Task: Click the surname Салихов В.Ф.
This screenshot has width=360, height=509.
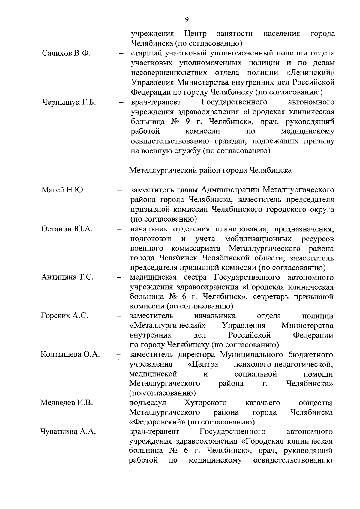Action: pyautogui.click(x=66, y=54)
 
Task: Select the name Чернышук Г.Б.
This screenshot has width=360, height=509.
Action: pyautogui.click(x=69, y=102)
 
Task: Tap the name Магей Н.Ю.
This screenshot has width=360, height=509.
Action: pyautogui.click(x=63, y=190)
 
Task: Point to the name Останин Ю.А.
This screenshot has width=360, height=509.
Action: pyautogui.click(x=67, y=229)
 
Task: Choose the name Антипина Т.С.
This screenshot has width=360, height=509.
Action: pyautogui.click(x=67, y=277)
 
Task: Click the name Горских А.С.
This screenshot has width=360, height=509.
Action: pyautogui.click(x=64, y=316)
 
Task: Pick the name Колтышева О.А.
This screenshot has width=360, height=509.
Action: pyautogui.click(x=70, y=355)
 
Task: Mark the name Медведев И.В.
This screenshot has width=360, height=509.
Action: pyautogui.click(x=67, y=403)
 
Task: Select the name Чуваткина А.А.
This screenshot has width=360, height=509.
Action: pyautogui.click(x=68, y=432)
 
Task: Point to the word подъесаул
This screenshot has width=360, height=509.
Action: pyautogui.click(x=148, y=403)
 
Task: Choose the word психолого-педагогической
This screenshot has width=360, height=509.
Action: pyautogui.click(x=283, y=365)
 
